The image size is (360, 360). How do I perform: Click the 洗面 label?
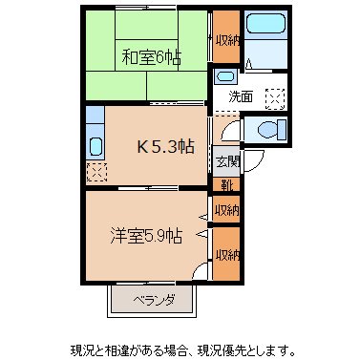coord(240,96)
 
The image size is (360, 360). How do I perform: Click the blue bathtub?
coord(261,39)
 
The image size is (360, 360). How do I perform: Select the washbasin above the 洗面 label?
coord(225,76)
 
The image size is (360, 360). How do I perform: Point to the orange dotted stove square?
coord(95,172)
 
